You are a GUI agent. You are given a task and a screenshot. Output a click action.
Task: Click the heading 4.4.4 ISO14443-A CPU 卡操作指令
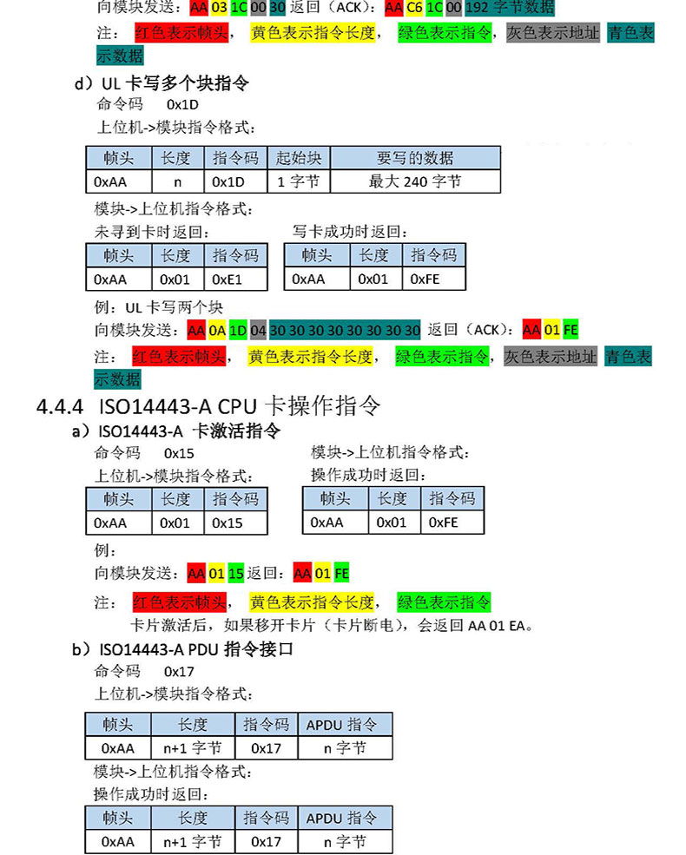[x=208, y=406]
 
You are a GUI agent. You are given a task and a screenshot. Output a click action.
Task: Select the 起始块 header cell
[x=299, y=158]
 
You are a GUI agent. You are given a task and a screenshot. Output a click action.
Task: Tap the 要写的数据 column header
[x=415, y=158]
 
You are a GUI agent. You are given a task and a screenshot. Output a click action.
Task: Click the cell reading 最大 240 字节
[x=415, y=181]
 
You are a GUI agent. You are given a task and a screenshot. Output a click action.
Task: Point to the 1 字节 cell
[x=299, y=181]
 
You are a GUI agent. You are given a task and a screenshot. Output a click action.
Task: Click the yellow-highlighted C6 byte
[x=415, y=10]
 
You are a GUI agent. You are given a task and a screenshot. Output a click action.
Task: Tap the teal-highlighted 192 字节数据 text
[x=510, y=10]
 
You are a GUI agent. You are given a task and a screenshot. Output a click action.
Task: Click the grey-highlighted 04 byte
[x=258, y=331]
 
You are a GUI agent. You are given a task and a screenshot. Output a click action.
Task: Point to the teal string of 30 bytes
[x=345, y=331]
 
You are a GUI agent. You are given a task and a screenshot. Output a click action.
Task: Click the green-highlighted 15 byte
[x=236, y=574]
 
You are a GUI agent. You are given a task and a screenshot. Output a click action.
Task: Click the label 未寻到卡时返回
[x=152, y=232]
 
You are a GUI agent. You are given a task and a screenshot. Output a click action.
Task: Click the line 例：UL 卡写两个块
[x=159, y=307]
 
